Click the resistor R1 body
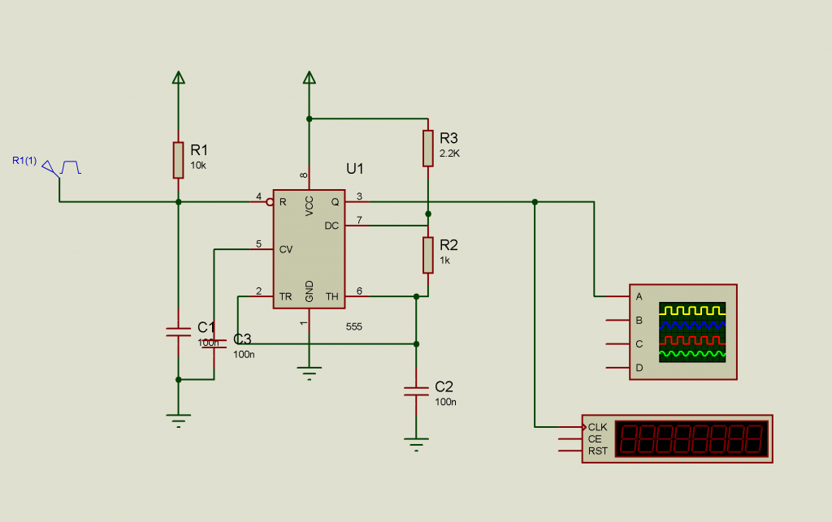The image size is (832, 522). point(178,160)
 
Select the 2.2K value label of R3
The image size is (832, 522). point(448,153)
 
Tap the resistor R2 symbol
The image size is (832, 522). point(427,255)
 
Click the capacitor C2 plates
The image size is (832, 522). point(416,391)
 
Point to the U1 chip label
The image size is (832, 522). point(355,169)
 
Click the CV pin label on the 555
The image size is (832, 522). point(285,249)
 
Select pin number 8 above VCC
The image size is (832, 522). point(304,175)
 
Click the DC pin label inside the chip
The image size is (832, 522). point(331,226)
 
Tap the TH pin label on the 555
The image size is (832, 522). point(331,296)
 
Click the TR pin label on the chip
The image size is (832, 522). point(285,296)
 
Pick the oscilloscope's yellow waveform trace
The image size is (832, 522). point(692,310)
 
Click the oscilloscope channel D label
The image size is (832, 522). point(639,368)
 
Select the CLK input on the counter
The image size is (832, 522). point(597,426)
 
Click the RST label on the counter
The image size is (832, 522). point(597,451)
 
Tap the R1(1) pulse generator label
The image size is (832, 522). point(24,160)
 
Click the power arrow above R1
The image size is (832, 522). point(179,77)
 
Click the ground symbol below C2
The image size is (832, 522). point(416,443)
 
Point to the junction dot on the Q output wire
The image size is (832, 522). point(535,201)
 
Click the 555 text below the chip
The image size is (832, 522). point(353,326)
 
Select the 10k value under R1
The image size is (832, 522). point(198,165)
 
